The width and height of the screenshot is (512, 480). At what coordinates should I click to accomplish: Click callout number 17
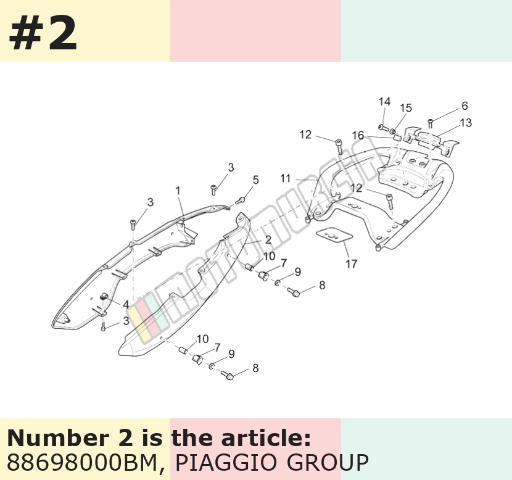pyautogui.click(x=352, y=264)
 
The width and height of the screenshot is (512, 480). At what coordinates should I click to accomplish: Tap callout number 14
pyautogui.click(x=384, y=102)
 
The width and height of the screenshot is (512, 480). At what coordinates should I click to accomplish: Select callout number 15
pyautogui.click(x=406, y=108)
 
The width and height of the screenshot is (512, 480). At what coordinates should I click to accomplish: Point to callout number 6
pyautogui.click(x=465, y=106)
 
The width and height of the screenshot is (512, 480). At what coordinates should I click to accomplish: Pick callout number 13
pyautogui.click(x=466, y=123)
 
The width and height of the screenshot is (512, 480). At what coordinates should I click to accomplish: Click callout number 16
pyautogui.click(x=358, y=135)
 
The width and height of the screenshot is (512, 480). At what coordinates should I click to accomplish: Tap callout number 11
pyautogui.click(x=286, y=179)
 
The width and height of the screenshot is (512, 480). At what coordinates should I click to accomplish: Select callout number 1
pyautogui.click(x=178, y=191)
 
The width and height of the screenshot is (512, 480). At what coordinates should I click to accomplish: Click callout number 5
pyautogui.click(x=255, y=180)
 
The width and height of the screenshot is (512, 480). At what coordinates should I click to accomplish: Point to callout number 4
pyautogui.click(x=126, y=305)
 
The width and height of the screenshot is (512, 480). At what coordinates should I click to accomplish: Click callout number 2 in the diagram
pyautogui.click(x=268, y=240)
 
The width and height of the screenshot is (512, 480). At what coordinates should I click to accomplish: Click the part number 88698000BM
pyautogui.click(x=82, y=462)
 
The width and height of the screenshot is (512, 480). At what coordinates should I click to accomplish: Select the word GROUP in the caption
pyautogui.click(x=328, y=462)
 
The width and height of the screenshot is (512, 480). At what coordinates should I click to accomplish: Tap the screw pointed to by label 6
pyautogui.click(x=431, y=123)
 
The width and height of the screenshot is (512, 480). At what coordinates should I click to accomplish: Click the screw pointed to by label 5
pyautogui.click(x=240, y=201)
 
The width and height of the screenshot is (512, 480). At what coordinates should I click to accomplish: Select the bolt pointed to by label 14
pyautogui.click(x=382, y=127)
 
